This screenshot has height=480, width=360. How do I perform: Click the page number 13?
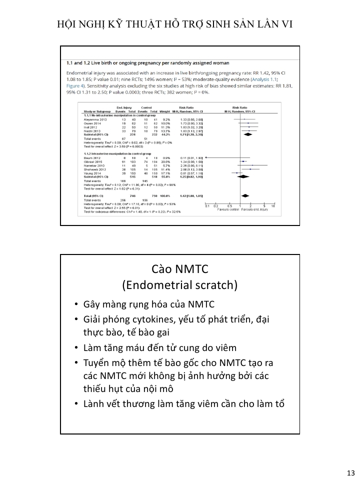tap(349, 473)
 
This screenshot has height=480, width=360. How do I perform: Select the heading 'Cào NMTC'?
tap(179, 269)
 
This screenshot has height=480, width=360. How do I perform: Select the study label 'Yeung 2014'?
tap(93, 172)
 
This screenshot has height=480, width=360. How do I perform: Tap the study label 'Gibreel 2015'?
tap(94, 161)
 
